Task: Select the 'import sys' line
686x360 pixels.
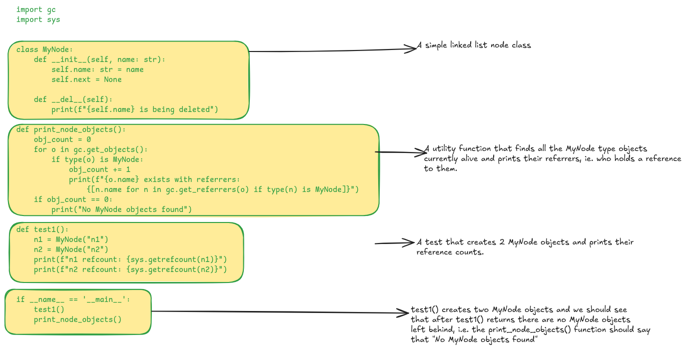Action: click(x=38, y=19)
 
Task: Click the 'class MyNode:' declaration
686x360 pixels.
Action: click(x=44, y=49)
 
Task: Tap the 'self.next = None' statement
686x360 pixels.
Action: click(x=86, y=79)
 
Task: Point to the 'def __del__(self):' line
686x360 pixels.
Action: click(x=73, y=99)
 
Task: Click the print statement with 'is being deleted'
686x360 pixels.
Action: click(x=135, y=109)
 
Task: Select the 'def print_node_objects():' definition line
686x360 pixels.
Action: click(x=71, y=129)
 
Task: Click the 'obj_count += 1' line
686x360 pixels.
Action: click(x=99, y=169)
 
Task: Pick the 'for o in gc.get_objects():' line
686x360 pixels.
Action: click(x=91, y=149)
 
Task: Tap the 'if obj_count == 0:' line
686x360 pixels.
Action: click(x=73, y=199)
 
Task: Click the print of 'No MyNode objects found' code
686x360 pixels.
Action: click(x=121, y=209)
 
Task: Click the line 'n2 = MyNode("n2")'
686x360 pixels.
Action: click(x=71, y=249)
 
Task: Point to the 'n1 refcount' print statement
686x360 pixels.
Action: click(x=130, y=259)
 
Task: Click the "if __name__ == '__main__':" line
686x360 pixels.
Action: click(x=73, y=299)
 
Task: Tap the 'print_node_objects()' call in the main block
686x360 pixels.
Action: click(x=77, y=319)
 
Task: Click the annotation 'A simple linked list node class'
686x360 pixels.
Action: click(x=477, y=45)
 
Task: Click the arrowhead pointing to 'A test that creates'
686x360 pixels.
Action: click(x=410, y=242)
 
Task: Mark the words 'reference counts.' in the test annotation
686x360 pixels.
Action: click(x=450, y=252)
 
